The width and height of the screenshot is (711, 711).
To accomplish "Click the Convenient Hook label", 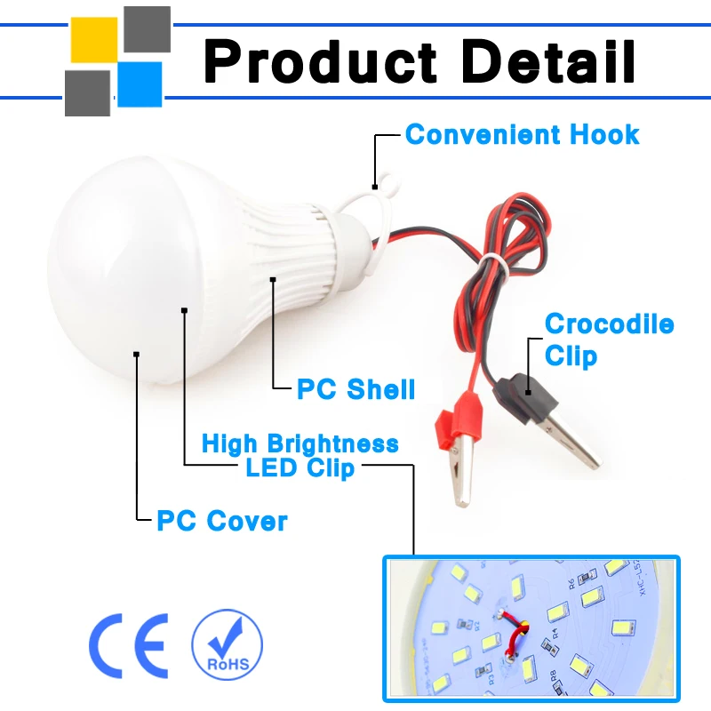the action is click(522, 135).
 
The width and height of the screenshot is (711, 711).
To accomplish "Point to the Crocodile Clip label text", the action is click(609, 340).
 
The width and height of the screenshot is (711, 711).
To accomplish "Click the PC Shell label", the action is click(355, 389).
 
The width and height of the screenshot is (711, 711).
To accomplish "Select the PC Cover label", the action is click(222, 520).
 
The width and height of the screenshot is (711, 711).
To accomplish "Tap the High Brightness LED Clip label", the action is click(300, 455).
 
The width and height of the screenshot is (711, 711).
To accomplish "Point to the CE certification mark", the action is click(129, 644).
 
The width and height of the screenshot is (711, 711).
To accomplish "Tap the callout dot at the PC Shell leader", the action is click(274, 280).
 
